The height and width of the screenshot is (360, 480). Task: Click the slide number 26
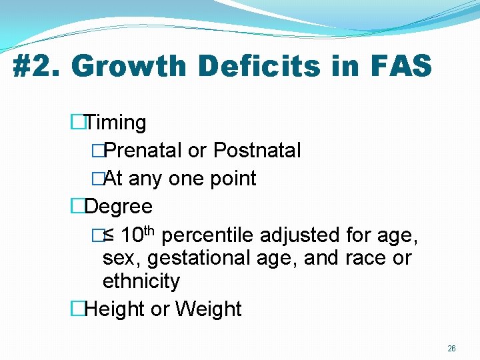(452, 349)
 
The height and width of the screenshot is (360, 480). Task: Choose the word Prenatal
(143, 151)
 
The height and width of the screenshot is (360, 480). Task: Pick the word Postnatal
(257, 151)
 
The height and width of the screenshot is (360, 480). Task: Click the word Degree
(119, 207)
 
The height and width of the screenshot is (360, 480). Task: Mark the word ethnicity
(141, 281)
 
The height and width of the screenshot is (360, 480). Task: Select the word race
(359, 258)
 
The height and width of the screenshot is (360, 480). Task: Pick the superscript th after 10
(149, 231)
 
